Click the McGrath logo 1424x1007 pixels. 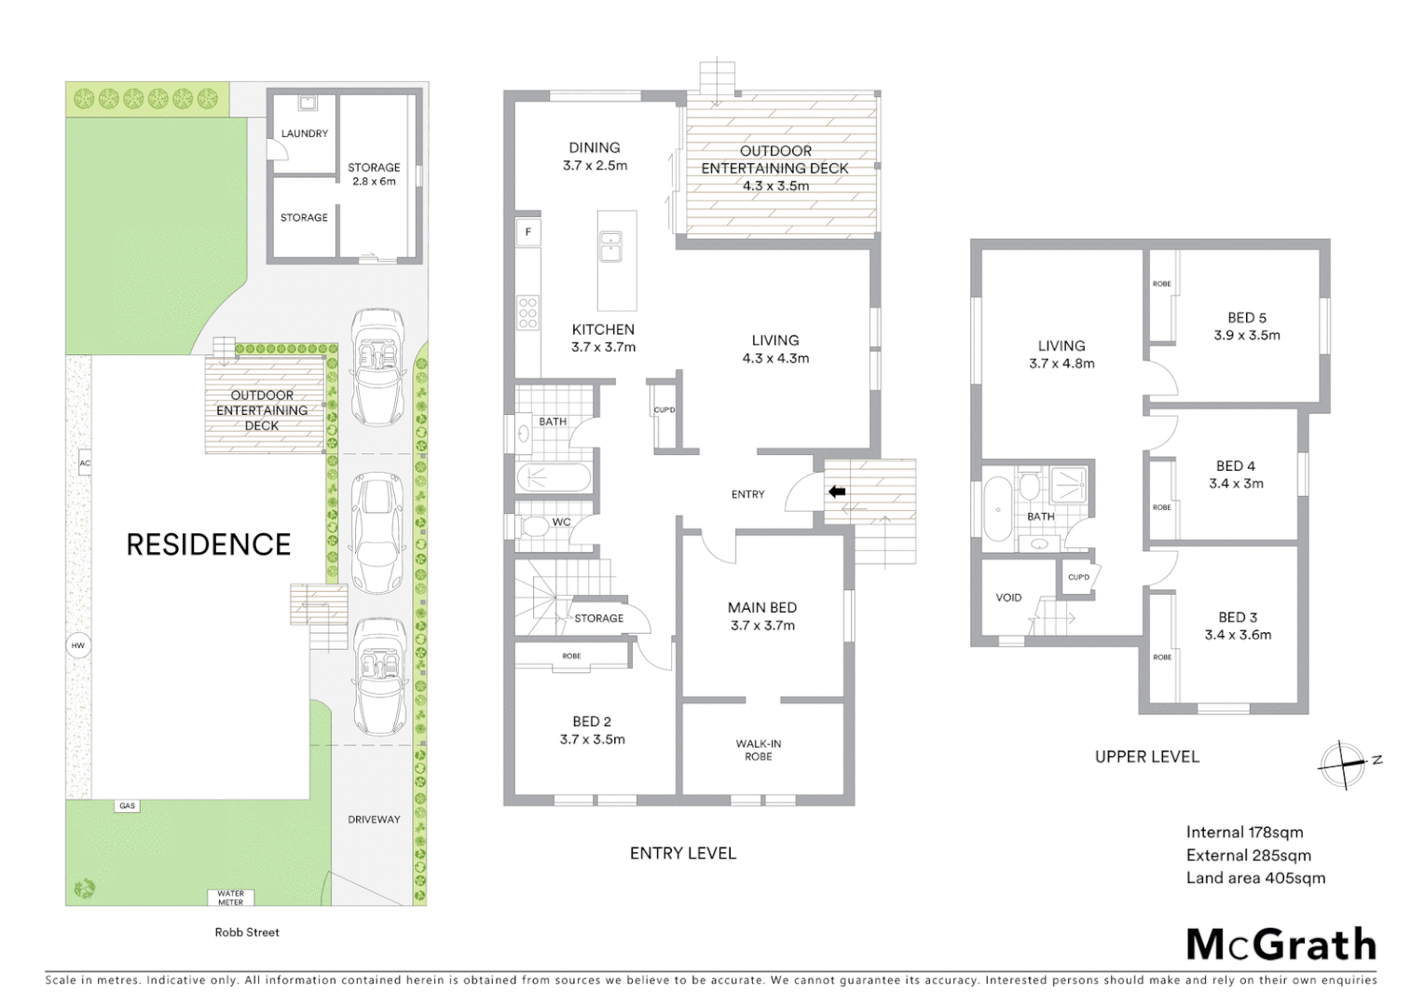[x=1280, y=945]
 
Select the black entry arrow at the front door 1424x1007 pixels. [x=836, y=490]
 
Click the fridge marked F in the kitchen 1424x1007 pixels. [x=528, y=232]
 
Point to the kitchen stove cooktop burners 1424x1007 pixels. [x=528, y=312]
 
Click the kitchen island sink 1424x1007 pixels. [x=611, y=249]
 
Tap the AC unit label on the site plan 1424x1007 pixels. [x=85, y=462]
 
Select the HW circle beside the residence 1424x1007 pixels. [x=78, y=645]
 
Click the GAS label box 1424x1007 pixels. [x=128, y=806]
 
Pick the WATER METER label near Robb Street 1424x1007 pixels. [x=230, y=898]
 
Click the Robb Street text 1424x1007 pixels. [x=247, y=931]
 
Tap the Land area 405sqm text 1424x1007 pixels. [x=1254, y=877]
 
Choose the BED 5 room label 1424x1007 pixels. [x=1246, y=326]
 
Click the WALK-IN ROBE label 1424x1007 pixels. [x=758, y=750]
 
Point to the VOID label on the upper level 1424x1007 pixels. [x=1008, y=598]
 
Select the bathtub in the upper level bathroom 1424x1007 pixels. [x=996, y=509]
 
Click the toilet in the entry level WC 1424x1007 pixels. [x=535, y=528]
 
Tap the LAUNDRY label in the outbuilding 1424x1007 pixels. [x=305, y=133]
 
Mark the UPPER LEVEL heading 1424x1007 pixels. [x=1146, y=757]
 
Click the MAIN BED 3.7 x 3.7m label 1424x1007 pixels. [x=762, y=616]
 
